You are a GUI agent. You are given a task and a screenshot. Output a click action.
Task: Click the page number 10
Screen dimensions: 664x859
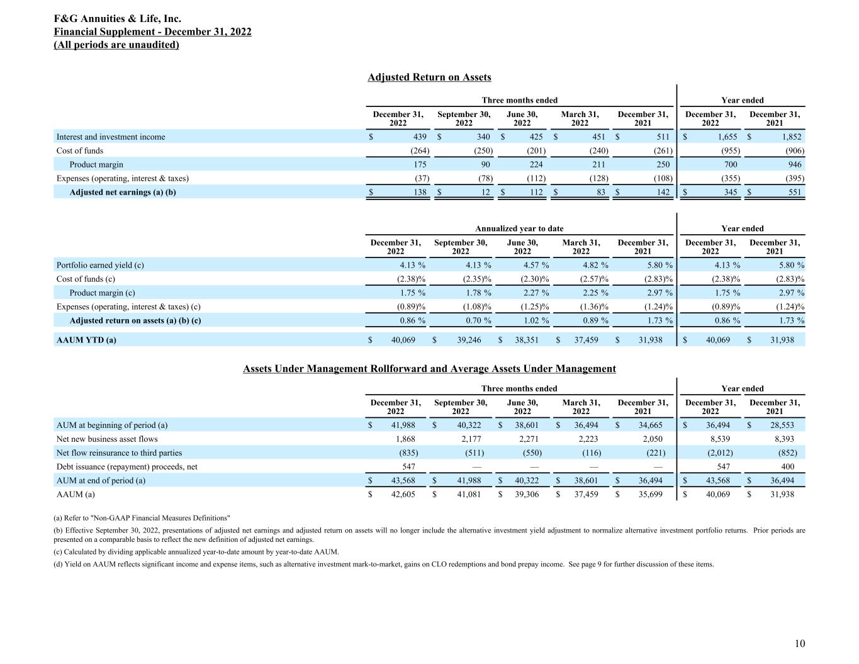point(799,643)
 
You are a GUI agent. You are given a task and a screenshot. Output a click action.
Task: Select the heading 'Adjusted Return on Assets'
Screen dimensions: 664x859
point(429,77)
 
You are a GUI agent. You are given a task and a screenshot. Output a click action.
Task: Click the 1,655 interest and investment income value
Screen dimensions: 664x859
point(727,137)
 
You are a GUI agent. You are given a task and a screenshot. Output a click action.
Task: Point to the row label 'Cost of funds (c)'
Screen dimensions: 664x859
point(86,279)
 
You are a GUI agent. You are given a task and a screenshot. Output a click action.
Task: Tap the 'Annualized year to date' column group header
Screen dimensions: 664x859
point(519,228)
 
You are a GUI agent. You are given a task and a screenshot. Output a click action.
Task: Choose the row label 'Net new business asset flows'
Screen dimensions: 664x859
point(107,439)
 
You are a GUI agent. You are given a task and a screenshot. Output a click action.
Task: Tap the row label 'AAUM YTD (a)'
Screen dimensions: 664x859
point(86,340)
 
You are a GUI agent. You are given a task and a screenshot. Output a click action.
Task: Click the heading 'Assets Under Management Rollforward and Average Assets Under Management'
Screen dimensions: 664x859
point(429,369)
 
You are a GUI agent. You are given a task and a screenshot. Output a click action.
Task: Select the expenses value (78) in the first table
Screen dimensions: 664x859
point(483,179)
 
